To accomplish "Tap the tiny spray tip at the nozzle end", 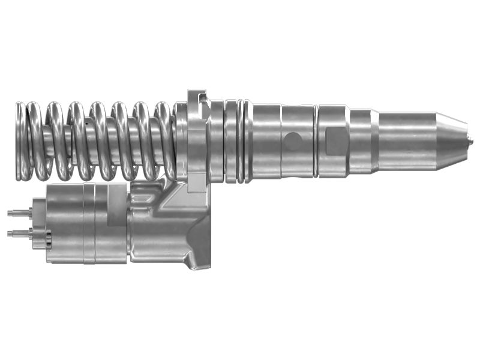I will click(470, 141).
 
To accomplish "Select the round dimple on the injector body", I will click(293, 141).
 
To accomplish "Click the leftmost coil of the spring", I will click(22, 142).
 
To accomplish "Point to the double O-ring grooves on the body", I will click(239, 141).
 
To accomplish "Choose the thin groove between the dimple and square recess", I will click(316, 141).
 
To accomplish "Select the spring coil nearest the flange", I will click(164, 142).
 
